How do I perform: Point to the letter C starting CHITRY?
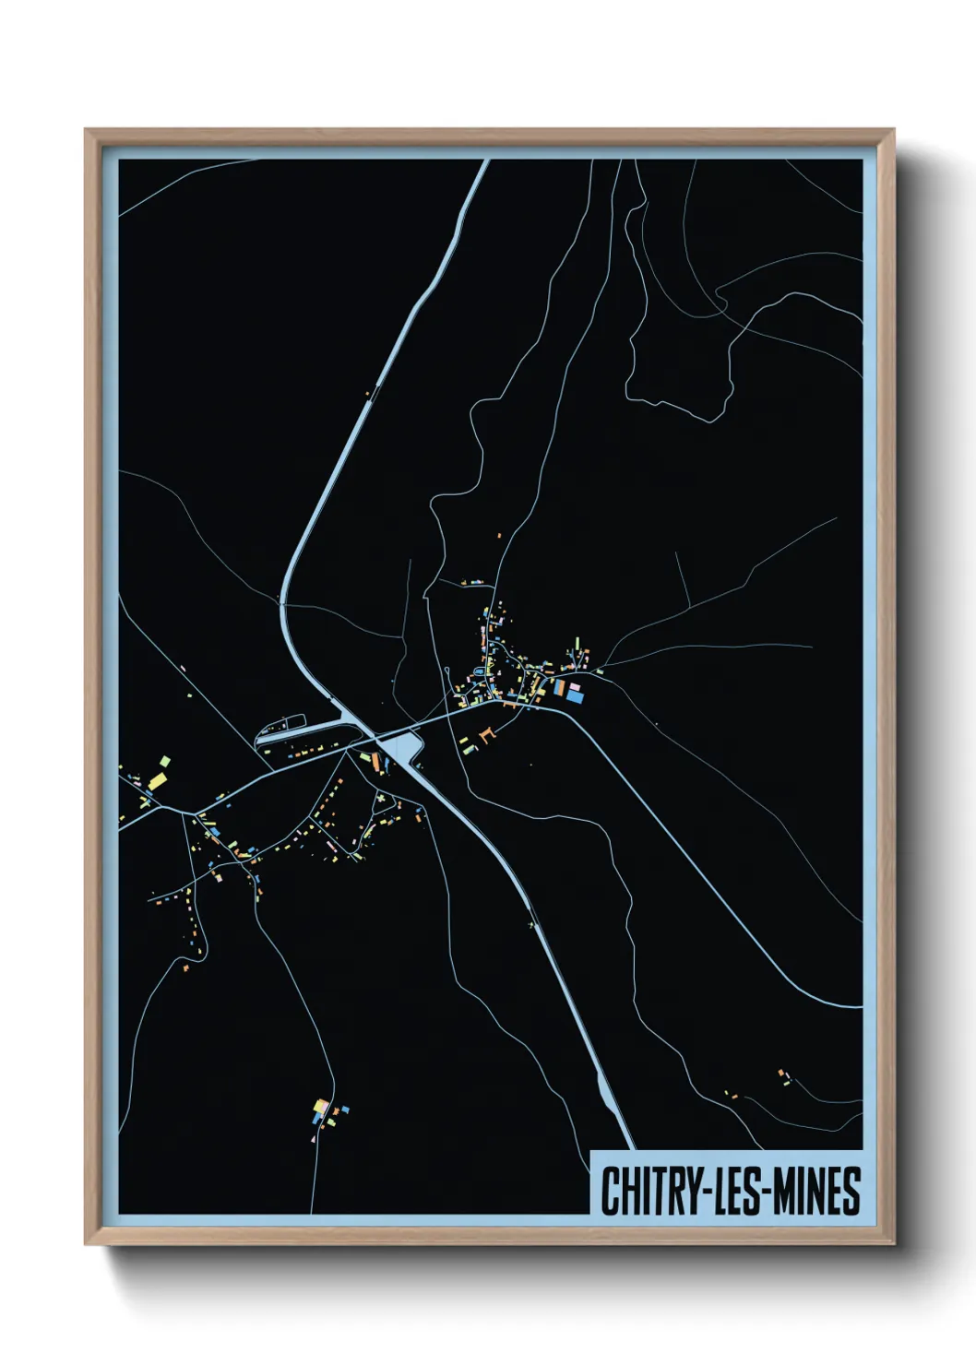coord(610,1191)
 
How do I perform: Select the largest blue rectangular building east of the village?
coord(575,697)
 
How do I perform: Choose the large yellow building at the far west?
coord(157,782)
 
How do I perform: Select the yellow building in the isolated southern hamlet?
coord(320,1106)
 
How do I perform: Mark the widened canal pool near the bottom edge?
coord(609,1097)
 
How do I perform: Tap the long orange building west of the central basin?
coord(375,762)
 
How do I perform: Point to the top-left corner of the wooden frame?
coord(87,130)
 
